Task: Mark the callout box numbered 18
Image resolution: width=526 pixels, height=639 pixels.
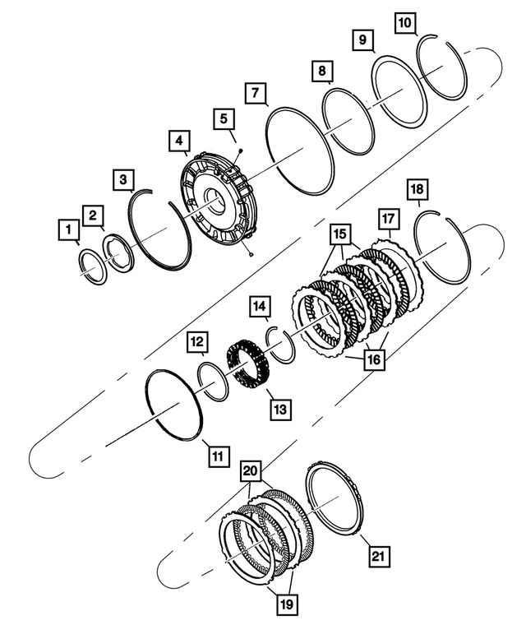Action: pyautogui.click(x=417, y=192)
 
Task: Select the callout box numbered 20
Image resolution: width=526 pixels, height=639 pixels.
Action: pyautogui.click(x=251, y=470)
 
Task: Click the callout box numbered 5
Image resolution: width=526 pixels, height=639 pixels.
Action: pyautogui.click(x=224, y=119)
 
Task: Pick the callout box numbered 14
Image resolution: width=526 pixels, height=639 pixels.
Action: pyautogui.click(x=260, y=307)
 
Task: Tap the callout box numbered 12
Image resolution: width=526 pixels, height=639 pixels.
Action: pyautogui.click(x=196, y=340)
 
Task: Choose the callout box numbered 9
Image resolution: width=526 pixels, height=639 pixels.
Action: pyautogui.click(x=362, y=39)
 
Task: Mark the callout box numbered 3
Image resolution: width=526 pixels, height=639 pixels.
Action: pyautogui.click(x=122, y=178)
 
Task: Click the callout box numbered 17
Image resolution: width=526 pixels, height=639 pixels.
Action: pyautogui.click(x=388, y=220)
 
